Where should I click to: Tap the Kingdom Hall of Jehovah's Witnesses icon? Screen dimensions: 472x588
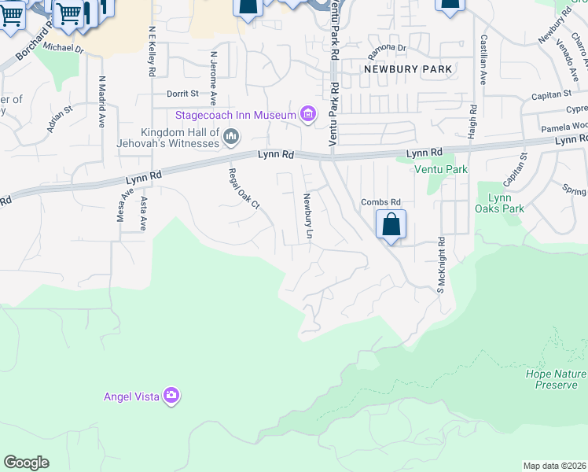pyautogui.click(x=231, y=138)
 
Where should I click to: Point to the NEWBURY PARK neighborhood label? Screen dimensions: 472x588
pyautogui.click(x=408, y=69)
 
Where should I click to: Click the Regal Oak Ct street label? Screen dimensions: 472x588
pyautogui.click(x=243, y=188)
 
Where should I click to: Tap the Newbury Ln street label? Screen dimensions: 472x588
pyautogui.click(x=309, y=216)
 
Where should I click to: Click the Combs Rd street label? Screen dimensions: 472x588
pyautogui.click(x=381, y=202)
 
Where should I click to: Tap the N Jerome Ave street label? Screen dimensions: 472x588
pyautogui.click(x=213, y=78)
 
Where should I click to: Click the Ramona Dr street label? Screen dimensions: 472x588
pyautogui.click(x=390, y=48)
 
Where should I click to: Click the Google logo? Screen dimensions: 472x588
pyautogui.click(x=26, y=463)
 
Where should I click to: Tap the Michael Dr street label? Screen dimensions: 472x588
pyautogui.click(x=64, y=49)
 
